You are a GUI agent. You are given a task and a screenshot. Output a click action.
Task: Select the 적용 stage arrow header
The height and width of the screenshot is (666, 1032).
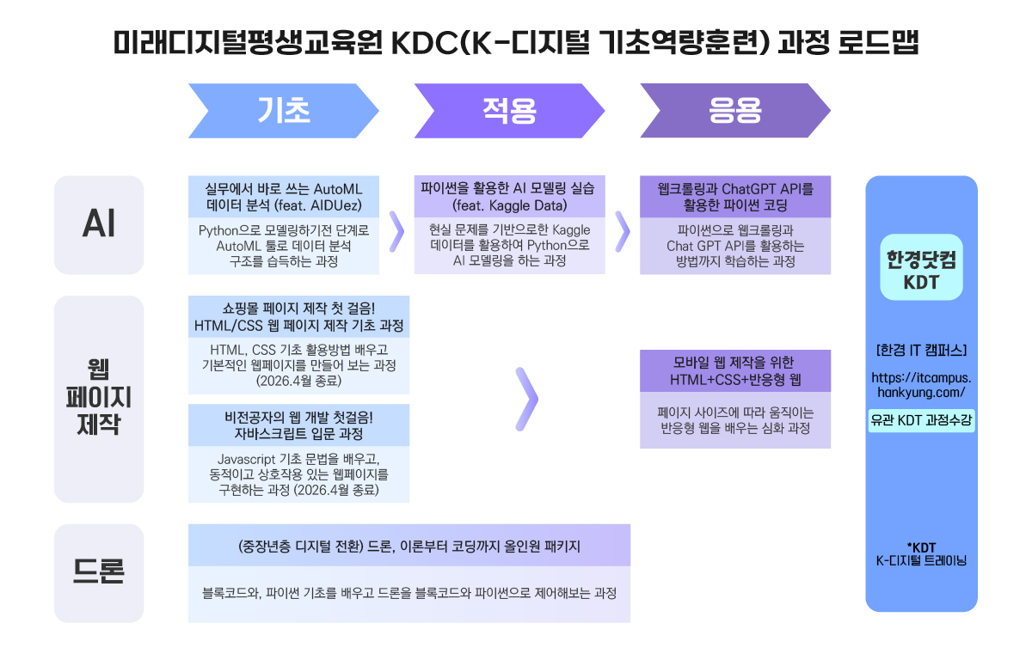(509, 111)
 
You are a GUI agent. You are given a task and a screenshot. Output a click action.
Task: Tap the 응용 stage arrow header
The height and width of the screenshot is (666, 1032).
(734, 111)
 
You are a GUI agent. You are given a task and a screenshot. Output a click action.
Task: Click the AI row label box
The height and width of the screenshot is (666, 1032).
(99, 225)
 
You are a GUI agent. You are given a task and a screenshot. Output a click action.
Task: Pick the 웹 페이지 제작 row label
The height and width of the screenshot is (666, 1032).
(99, 399)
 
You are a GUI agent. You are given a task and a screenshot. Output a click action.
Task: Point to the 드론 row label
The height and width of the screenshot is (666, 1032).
(99, 572)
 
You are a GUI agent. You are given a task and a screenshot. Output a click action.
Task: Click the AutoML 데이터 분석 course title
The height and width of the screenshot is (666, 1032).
(284, 197)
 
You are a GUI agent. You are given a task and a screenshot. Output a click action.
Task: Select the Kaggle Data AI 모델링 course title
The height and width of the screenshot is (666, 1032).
(509, 197)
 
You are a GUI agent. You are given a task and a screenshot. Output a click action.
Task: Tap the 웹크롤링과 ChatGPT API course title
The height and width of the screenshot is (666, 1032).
(734, 197)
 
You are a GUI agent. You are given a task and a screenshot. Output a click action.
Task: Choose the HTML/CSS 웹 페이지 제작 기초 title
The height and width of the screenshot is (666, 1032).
(298, 317)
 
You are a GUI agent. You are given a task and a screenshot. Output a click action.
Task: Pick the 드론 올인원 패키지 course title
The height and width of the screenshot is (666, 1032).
(409, 546)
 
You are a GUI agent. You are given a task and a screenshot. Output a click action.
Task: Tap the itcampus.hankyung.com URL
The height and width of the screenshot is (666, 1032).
(921, 384)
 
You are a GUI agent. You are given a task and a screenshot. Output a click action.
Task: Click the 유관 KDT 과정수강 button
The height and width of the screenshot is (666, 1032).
(921, 420)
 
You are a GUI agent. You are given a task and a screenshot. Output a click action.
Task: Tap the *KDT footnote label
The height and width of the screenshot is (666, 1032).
(921, 554)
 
